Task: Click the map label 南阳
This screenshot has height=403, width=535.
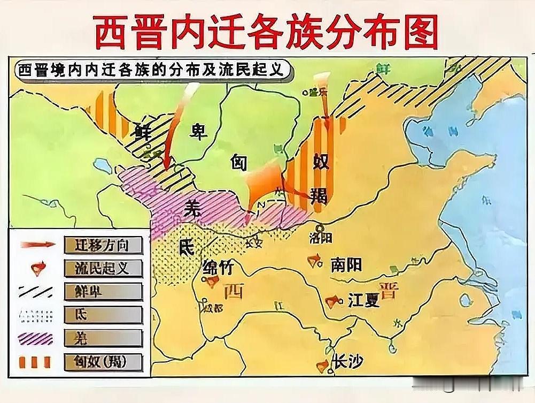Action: coord(347,264)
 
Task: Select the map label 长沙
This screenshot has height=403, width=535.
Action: coord(347,362)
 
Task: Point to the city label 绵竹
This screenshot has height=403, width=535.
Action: coord(218,266)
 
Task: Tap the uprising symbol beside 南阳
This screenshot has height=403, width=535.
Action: coord(315,261)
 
